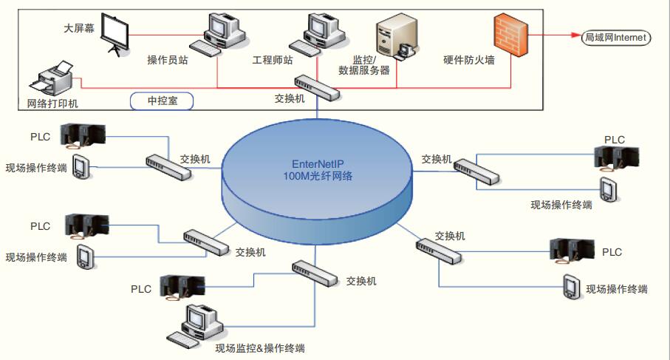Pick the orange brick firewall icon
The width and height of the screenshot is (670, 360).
(511, 35)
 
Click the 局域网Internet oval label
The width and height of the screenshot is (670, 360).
(615, 36)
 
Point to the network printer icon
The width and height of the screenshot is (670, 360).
(55, 77)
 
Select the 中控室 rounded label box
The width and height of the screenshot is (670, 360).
(161, 101)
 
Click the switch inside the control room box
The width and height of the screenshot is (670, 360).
(317, 86)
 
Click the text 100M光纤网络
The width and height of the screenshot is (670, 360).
(318, 177)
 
